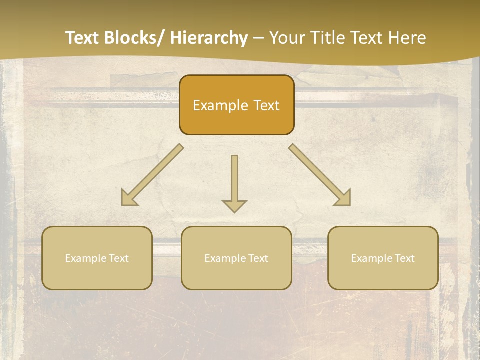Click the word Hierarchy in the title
tap(209, 38)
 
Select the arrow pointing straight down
tap(234, 180)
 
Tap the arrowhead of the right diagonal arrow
tap(343, 198)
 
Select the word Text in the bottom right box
tap(404, 258)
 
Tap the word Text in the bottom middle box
tap(257, 258)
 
